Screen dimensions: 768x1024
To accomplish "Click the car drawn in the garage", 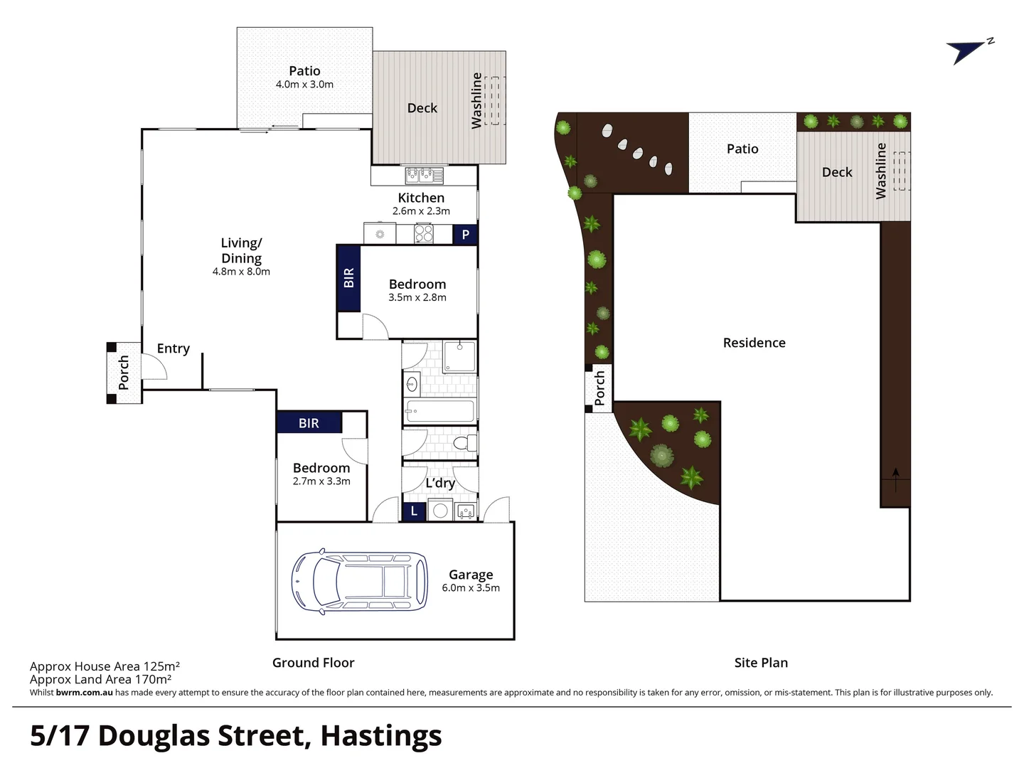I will click(x=359, y=581).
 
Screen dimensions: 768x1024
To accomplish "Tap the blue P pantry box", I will click(x=465, y=234).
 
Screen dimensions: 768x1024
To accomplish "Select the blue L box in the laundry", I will click(x=414, y=511).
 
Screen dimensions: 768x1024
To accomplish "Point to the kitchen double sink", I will click(x=424, y=175).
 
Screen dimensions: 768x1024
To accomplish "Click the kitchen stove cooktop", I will click(x=424, y=233).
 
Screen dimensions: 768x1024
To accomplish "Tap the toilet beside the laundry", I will click(x=464, y=443).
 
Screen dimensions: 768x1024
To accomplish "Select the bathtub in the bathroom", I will click(x=439, y=411).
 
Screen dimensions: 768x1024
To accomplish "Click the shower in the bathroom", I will click(x=460, y=357).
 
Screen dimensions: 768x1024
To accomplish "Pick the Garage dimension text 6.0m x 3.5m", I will click(x=471, y=588).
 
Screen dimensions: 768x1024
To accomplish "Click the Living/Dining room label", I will click(x=241, y=250).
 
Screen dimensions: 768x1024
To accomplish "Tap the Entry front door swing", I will click(x=155, y=366).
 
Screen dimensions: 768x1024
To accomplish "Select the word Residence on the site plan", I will click(x=754, y=343).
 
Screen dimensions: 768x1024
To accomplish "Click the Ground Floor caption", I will click(x=313, y=663).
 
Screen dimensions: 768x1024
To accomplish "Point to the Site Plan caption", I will click(x=761, y=663).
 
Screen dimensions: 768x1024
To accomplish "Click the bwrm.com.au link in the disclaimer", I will click(x=84, y=693).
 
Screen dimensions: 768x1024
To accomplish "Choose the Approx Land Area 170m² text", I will click(x=100, y=679).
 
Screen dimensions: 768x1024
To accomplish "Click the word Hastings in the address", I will click(x=381, y=736).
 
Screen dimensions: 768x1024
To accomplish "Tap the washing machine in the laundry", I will click(x=440, y=511).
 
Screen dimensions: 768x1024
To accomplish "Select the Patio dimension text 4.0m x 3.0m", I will click(x=304, y=84).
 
